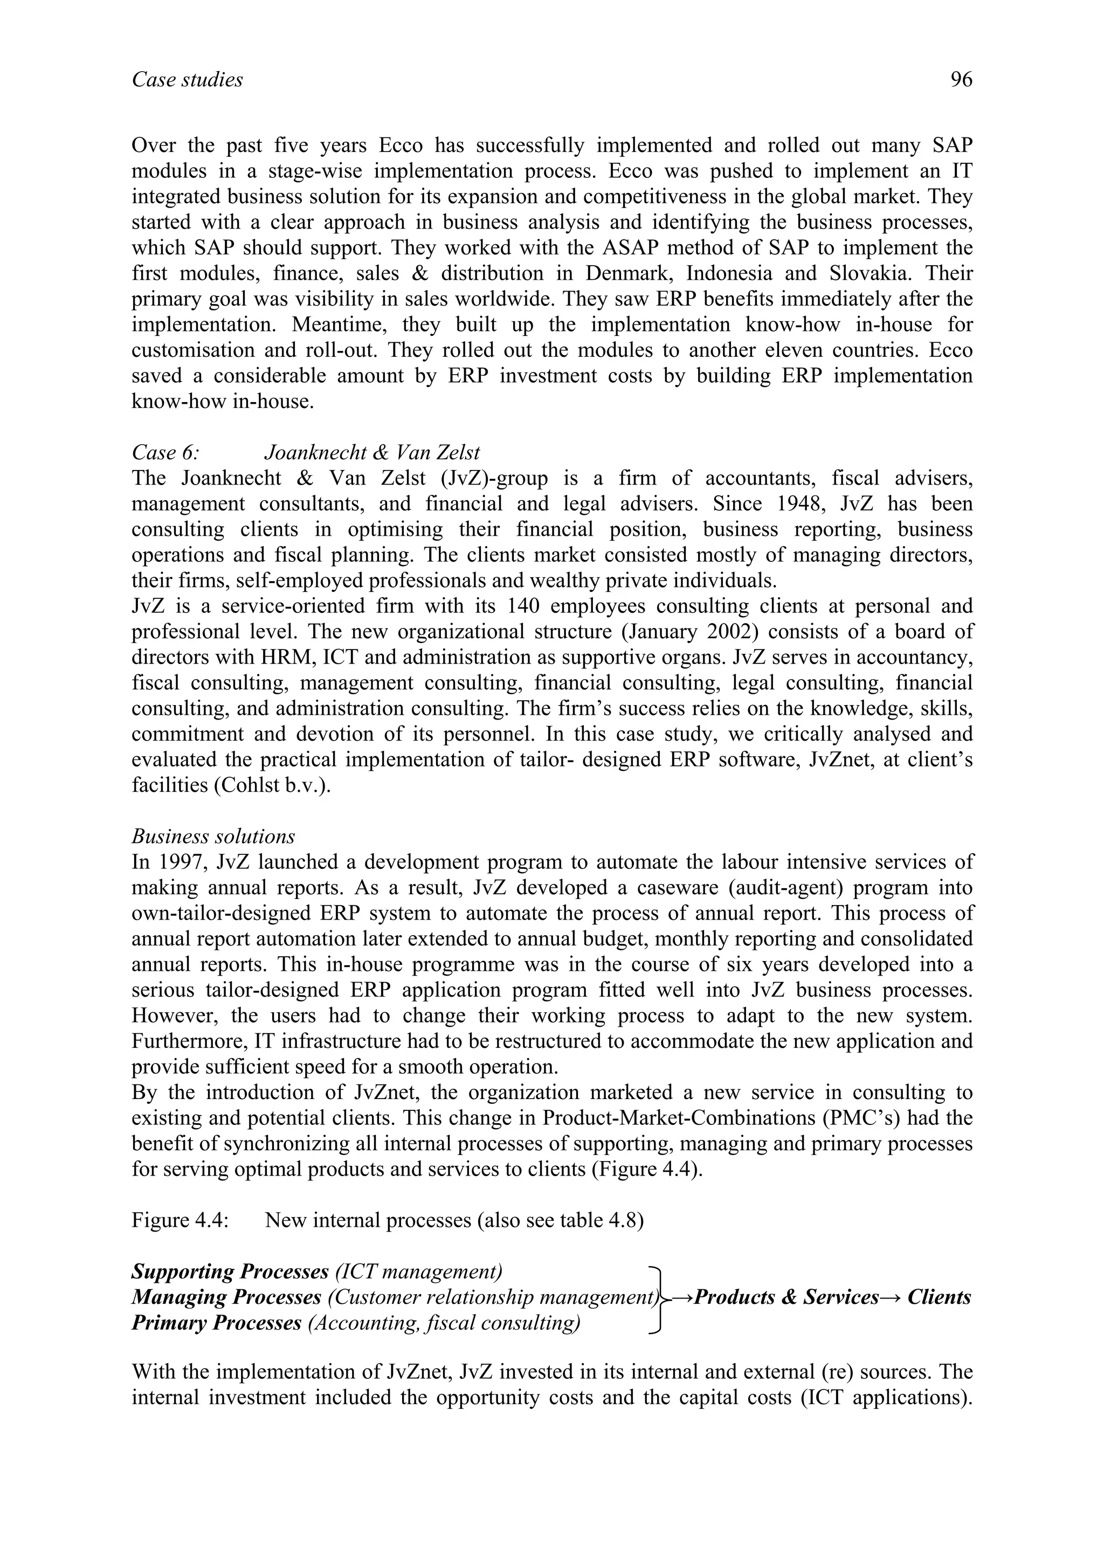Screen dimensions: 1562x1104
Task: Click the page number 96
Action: pos(961,80)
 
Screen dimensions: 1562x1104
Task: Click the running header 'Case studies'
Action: pos(187,80)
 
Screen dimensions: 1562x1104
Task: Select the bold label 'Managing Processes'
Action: pos(226,1297)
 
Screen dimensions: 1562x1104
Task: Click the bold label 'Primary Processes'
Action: pos(216,1323)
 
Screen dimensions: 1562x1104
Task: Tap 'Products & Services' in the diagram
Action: pos(786,1297)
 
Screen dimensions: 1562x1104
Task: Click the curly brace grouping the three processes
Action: pos(658,1297)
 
